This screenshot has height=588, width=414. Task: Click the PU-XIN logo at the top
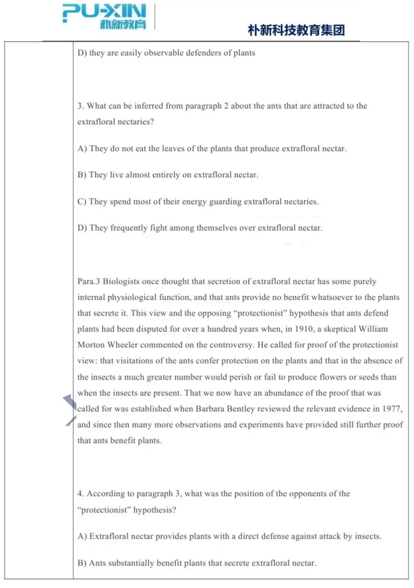click(x=105, y=16)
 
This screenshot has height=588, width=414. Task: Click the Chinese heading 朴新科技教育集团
click(x=297, y=30)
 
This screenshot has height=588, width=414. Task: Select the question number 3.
click(x=80, y=106)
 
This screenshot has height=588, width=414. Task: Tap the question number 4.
click(x=80, y=494)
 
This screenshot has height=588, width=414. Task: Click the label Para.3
click(x=90, y=281)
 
